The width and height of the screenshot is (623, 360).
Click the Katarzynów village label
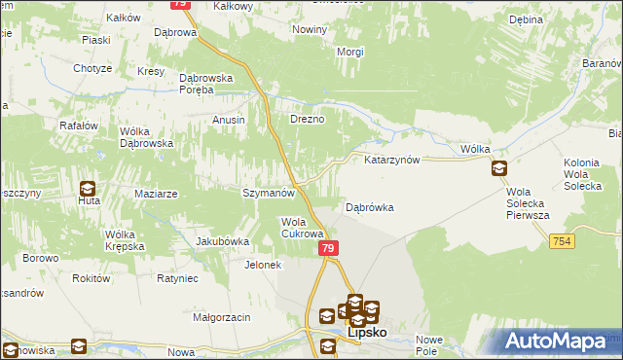click(x=391, y=159)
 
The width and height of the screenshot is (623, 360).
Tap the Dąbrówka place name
click(x=370, y=207)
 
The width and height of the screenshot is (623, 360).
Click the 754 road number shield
click(x=560, y=241)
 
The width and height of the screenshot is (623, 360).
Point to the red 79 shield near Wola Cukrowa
click(x=328, y=250)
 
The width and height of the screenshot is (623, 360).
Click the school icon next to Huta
click(x=88, y=189)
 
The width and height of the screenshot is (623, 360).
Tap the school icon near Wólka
click(x=499, y=168)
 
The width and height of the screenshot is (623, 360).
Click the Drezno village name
click(x=307, y=120)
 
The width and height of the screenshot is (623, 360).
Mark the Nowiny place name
click(x=310, y=30)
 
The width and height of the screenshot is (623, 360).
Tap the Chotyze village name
click(x=92, y=68)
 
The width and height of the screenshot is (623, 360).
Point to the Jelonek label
click(x=263, y=265)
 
